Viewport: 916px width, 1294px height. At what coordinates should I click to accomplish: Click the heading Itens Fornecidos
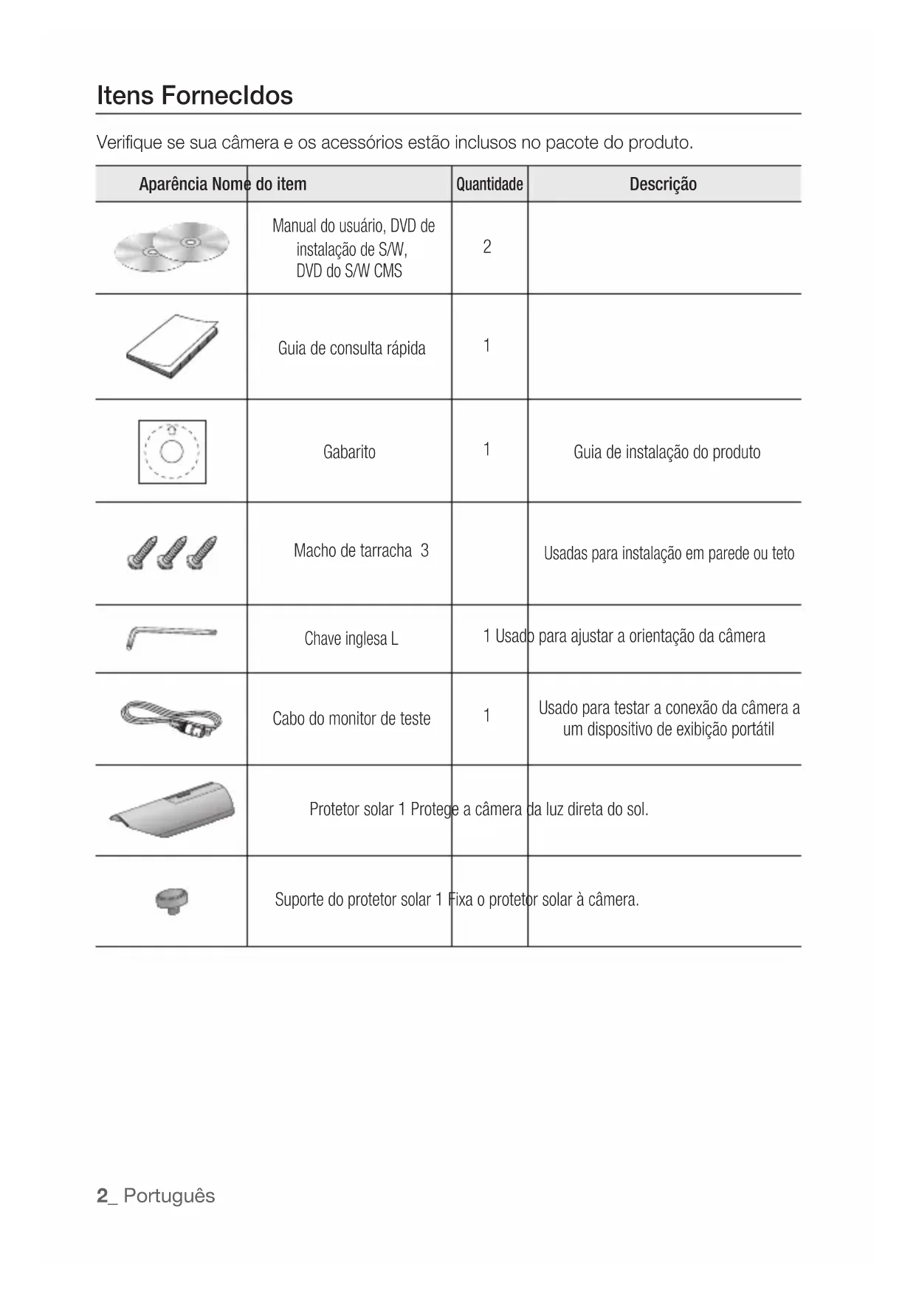pos(195,95)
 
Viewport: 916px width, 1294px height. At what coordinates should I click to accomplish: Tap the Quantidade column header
pos(489,184)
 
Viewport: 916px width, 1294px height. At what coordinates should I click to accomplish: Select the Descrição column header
pos(663,184)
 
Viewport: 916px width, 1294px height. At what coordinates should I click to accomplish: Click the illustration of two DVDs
pos(172,246)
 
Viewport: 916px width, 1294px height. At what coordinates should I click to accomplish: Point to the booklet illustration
pos(172,346)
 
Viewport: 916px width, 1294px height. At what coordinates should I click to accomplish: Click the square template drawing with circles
pos(172,451)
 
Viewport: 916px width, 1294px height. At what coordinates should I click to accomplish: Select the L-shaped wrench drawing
pos(171,637)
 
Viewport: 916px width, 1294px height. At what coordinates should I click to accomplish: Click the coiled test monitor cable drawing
pos(171,718)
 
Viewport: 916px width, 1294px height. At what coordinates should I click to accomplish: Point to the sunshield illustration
pos(173,809)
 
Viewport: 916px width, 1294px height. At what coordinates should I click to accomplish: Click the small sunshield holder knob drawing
pos(172,901)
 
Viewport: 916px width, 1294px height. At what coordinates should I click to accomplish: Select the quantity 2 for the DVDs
pos(487,247)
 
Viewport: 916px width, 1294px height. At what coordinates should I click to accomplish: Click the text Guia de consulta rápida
pos(351,348)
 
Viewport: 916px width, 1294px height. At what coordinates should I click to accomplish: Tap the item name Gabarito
pos(349,452)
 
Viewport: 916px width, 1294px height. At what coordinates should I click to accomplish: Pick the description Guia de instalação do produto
pos(667,452)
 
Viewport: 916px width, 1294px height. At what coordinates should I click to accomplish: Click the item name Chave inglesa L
pos(351,639)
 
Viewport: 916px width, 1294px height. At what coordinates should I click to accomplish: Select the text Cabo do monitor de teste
pos(351,719)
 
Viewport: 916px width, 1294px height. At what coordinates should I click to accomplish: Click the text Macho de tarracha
pos(353,551)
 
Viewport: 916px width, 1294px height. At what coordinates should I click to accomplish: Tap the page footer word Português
pos(169,1196)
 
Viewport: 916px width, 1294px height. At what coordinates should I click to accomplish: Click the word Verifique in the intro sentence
pos(129,142)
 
